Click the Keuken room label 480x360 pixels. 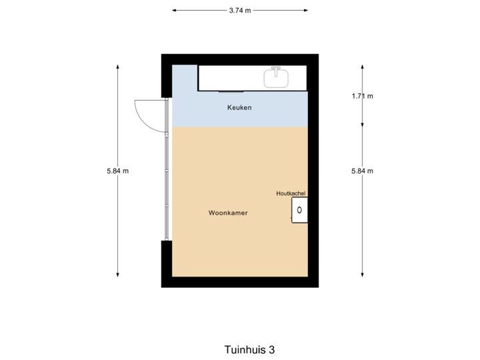pyautogui.click(x=240, y=107)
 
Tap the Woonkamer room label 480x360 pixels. pyautogui.click(x=228, y=213)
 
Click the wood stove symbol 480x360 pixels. pyautogui.click(x=299, y=210)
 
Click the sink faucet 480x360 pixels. pyautogui.click(x=277, y=70)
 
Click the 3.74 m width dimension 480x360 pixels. pyautogui.click(x=239, y=11)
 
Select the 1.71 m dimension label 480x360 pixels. pyautogui.click(x=363, y=96)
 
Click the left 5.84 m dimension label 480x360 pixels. pyautogui.click(x=117, y=171)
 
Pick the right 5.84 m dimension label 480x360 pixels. pyautogui.click(x=363, y=171)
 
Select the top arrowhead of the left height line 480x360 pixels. pyautogui.click(x=118, y=66)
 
